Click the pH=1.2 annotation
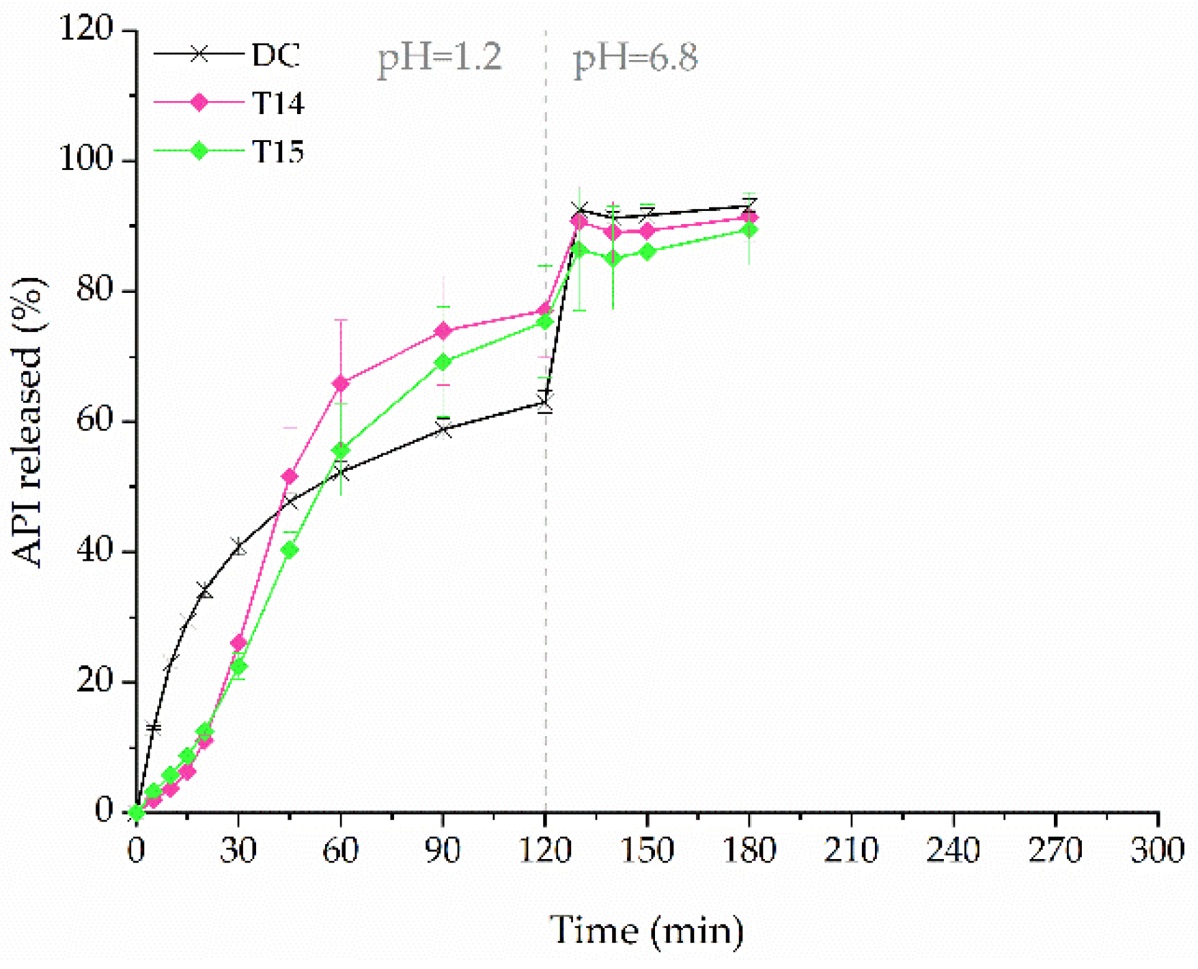440,57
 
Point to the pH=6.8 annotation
635,57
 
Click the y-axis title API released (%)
29,421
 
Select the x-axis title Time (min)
646,930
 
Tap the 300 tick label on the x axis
1157,851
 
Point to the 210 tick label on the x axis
850,851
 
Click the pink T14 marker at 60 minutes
341,384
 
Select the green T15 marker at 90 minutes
443,362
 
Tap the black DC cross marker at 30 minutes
239,547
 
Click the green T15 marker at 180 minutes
749,230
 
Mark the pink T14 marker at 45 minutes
290,476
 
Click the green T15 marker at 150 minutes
647,251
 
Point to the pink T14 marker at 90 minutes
443,331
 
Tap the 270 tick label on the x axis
1055,851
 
